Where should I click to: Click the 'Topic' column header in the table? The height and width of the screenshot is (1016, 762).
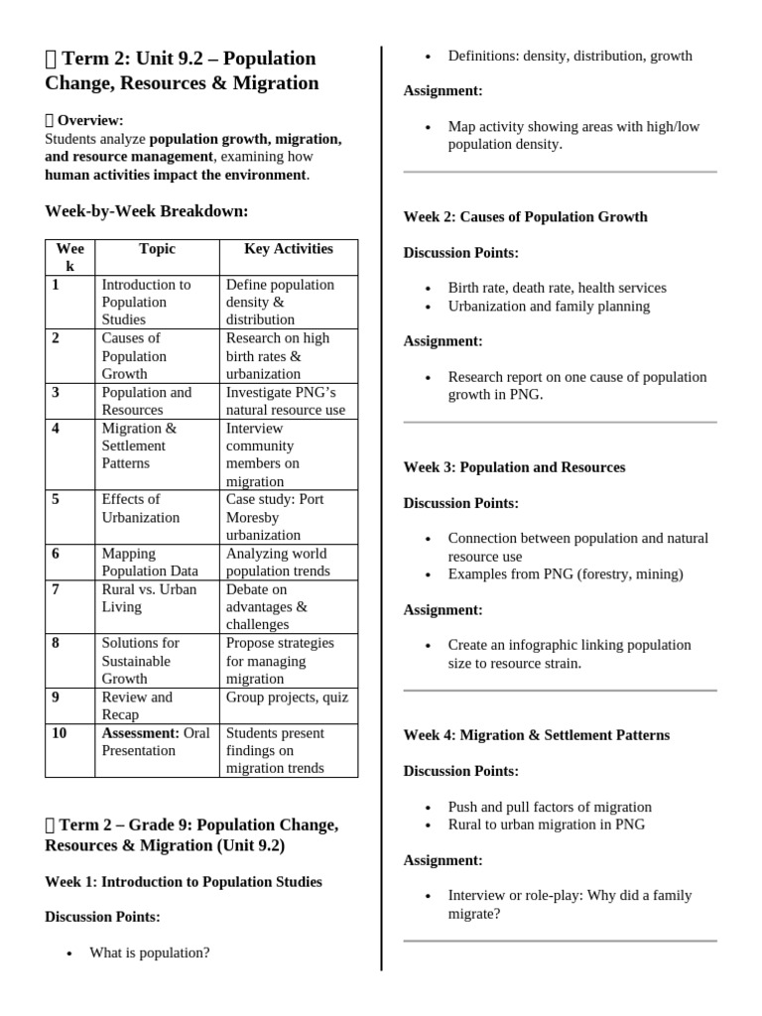coord(157,249)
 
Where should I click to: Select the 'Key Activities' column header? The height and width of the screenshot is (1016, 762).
coord(288,249)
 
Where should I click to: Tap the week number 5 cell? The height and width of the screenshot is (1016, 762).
coord(57,499)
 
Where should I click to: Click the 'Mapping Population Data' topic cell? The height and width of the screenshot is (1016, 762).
coord(150,562)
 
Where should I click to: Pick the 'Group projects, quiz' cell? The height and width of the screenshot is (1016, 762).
coord(287,698)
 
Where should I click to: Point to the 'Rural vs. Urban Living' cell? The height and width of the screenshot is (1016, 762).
coord(149,597)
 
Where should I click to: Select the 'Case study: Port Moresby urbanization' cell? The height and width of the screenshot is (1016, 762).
coord(276,517)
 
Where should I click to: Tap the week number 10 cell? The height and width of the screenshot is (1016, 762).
coord(61,733)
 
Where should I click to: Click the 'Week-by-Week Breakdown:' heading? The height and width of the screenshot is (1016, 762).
coord(147,210)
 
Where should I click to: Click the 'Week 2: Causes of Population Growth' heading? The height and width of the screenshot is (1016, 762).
coord(525,216)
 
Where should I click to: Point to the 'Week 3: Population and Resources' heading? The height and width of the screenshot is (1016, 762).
coord(514,467)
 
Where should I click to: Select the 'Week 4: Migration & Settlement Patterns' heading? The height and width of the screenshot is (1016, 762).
coord(536,735)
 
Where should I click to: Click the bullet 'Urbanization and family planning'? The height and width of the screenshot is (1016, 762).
coord(549,306)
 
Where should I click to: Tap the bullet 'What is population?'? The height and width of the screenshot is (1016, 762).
coord(149,952)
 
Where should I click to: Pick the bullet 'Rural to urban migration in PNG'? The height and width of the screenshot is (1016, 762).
coord(546,825)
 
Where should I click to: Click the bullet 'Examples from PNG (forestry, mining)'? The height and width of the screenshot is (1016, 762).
coord(565,573)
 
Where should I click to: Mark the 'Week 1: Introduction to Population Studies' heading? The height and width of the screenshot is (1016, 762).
coord(183,881)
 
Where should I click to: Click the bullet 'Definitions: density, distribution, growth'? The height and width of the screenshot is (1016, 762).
coord(570,56)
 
